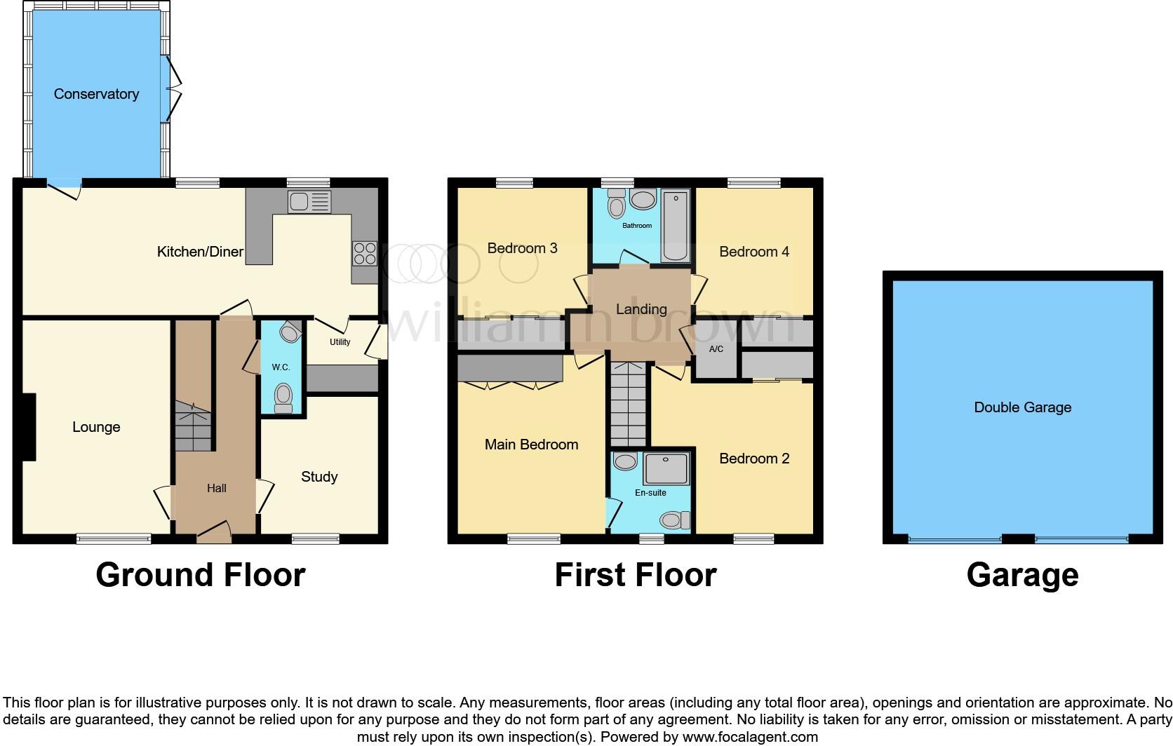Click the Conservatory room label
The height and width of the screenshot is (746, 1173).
[x=96, y=94]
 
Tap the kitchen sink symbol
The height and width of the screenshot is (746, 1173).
[x=309, y=203]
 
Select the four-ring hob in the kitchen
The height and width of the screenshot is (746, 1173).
[x=365, y=253]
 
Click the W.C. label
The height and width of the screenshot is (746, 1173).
[x=281, y=367]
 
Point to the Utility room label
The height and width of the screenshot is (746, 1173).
[x=340, y=342]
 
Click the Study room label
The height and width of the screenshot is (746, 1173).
[x=319, y=477]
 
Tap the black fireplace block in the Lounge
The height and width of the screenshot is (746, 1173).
[x=28, y=427]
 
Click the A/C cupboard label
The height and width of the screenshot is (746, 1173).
[x=716, y=349]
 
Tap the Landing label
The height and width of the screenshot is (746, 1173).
[x=641, y=309]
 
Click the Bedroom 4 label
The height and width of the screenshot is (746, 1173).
[x=754, y=252]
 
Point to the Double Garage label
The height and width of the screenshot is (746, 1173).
[x=1022, y=407]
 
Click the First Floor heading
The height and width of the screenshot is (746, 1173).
[x=635, y=575]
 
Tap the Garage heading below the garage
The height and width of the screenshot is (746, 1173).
[x=1022, y=575]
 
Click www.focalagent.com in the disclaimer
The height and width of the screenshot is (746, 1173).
[x=750, y=737]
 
